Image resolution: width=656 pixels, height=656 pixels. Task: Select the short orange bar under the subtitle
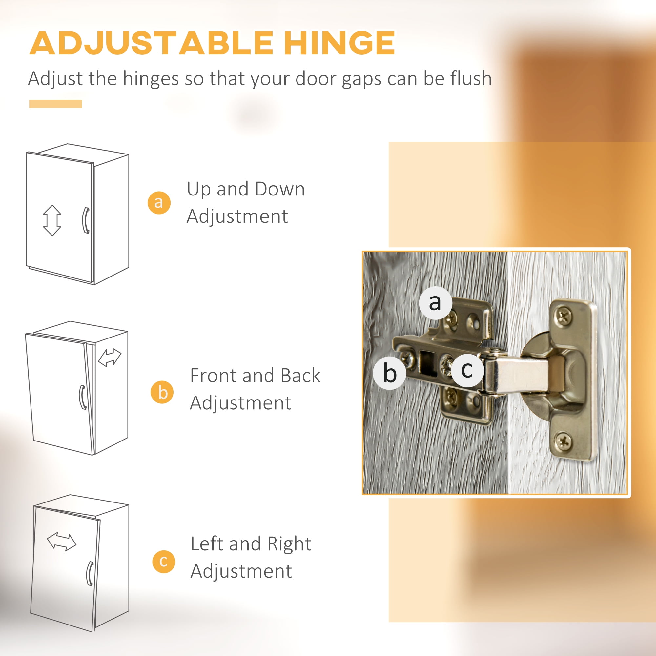tap(56, 104)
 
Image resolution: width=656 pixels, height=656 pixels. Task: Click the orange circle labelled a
tap(159, 203)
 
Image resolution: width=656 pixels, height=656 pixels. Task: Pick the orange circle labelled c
tap(164, 561)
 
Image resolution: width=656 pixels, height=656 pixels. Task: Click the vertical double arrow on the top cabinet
tap(52, 220)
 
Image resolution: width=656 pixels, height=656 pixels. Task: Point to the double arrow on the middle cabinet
tap(110, 358)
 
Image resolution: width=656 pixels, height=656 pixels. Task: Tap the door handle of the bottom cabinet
tap(90, 574)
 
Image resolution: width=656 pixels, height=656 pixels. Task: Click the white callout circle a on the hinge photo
tap(435, 302)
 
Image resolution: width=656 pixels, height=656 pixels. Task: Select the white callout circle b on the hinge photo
tap(389, 373)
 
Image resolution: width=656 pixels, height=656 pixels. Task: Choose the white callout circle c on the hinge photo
tap(467, 370)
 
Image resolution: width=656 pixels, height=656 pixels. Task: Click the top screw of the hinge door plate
tap(564, 317)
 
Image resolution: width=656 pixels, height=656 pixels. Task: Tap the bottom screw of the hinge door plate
tap(564, 441)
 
